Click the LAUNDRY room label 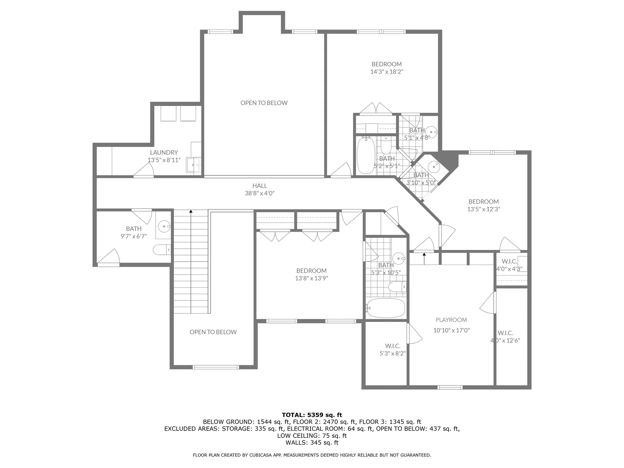[x=164, y=152]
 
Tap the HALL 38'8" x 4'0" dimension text [x=260, y=193]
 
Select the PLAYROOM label [x=451, y=320]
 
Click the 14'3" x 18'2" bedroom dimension [x=386, y=72]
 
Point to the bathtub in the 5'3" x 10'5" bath [x=386, y=308]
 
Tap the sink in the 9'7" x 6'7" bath [x=164, y=226]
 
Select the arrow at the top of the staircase [x=191, y=212]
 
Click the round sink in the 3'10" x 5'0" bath [x=434, y=166]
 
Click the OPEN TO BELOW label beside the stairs [x=213, y=332]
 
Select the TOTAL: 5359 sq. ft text [x=312, y=415]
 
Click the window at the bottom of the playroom [x=449, y=387]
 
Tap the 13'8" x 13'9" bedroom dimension [x=311, y=278]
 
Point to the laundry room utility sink [x=194, y=165]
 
